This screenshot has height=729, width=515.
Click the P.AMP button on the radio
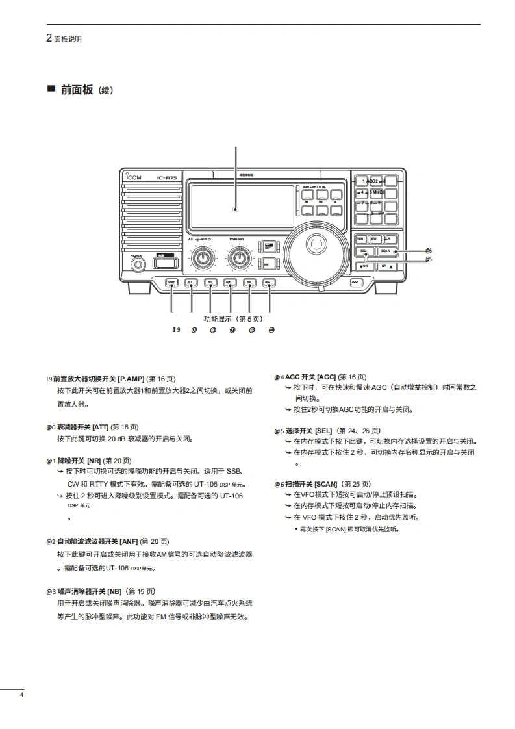(172, 282)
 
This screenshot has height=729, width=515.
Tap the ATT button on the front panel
(191, 282)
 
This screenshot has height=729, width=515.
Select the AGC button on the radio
(268, 282)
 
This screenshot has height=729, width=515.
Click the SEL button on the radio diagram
(364, 251)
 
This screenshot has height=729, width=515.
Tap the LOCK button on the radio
(355, 281)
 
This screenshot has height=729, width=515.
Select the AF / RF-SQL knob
(205, 258)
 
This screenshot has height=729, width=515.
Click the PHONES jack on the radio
(137, 264)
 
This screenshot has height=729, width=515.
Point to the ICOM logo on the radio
(135, 178)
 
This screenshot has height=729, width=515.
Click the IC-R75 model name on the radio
(167, 178)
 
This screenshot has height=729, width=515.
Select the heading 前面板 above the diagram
(77, 90)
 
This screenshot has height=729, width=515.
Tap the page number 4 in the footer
(21, 696)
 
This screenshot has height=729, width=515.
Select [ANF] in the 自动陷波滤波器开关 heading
(129, 541)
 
